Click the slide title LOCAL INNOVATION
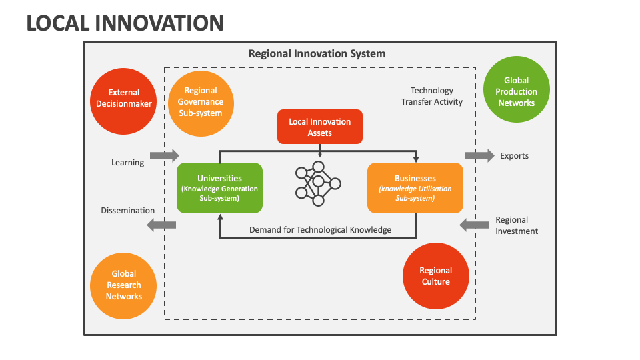[x=125, y=23]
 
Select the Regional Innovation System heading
[x=317, y=53]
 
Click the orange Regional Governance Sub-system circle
[x=200, y=102]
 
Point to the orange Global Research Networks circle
[x=123, y=285]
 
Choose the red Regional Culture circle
[x=435, y=276]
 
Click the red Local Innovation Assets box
[x=320, y=127]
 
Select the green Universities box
[x=219, y=188]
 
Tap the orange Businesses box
[x=415, y=188]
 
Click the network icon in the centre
[x=318, y=183]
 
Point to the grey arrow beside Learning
[x=164, y=155]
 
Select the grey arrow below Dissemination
[x=161, y=225]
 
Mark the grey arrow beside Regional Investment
[x=474, y=225]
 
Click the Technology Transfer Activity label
[x=431, y=96]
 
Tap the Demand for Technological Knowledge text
[x=320, y=230]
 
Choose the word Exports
[x=514, y=156]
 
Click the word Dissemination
[x=128, y=211]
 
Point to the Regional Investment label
[x=517, y=225]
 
